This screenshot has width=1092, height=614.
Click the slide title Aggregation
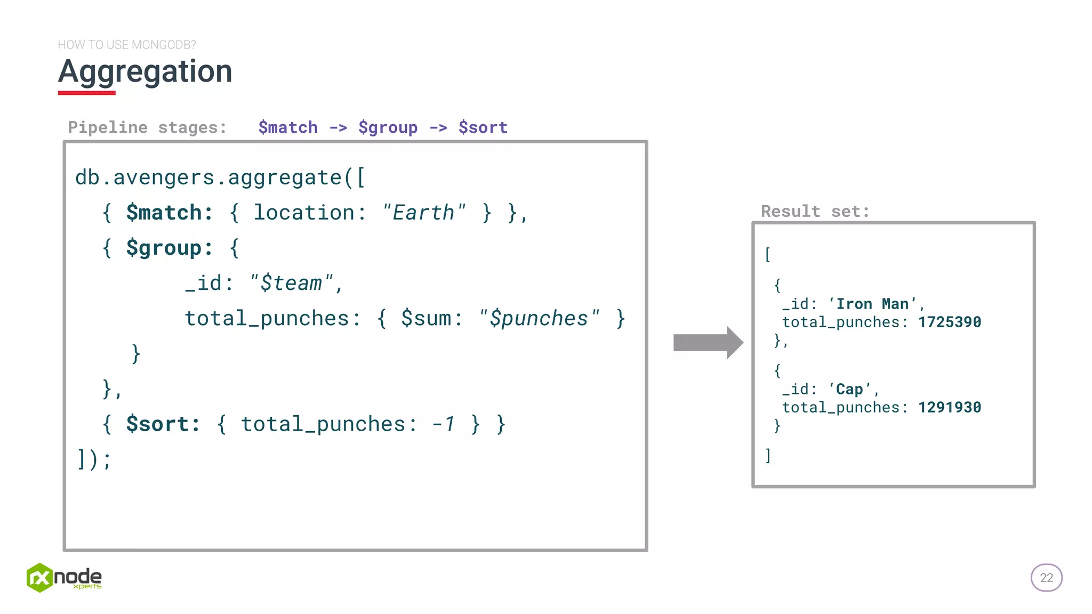(x=145, y=72)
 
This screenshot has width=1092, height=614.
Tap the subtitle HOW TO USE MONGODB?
(x=127, y=45)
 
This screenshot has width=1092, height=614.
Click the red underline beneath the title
(x=86, y=93)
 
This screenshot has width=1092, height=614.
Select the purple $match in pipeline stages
(x=288, y=128)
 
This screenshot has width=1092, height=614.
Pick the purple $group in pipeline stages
(x=388, y=128)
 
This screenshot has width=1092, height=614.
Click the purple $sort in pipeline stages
(x=483, y=128)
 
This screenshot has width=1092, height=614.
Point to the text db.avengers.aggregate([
(x=220, y=177)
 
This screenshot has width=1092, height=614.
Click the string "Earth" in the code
(x=424, y=213)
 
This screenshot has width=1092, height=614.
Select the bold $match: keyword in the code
(x=170, y=213)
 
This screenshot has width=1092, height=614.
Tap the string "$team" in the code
(x=292, y=283)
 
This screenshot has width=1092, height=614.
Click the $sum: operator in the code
(x=431, y=318)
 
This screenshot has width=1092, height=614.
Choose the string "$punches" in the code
(x=539, y=318)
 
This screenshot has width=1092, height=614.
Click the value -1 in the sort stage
(x=444, y=424)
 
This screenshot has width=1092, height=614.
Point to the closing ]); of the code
(x=94, y=459)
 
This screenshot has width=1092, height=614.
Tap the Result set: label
(x=815, y=212)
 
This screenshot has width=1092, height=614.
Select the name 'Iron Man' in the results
(x=872, y=304)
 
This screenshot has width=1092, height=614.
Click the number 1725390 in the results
(x=949, y=322)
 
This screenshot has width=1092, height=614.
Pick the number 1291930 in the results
(x=949, y=407)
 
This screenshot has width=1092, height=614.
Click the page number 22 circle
(x=1046, y=578)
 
